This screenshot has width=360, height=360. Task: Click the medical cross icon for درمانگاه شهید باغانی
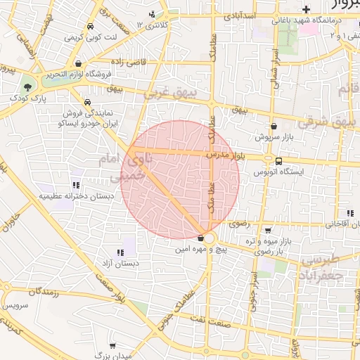point(306,9)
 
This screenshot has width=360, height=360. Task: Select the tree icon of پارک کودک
point(27,87)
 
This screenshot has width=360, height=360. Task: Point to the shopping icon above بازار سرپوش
point(273,127)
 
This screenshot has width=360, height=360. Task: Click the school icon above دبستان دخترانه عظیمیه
point(75,186)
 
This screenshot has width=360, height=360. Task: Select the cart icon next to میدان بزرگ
point(110,346)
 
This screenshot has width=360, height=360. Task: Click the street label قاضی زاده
point(129,62)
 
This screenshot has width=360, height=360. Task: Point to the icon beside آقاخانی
point(349,214)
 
